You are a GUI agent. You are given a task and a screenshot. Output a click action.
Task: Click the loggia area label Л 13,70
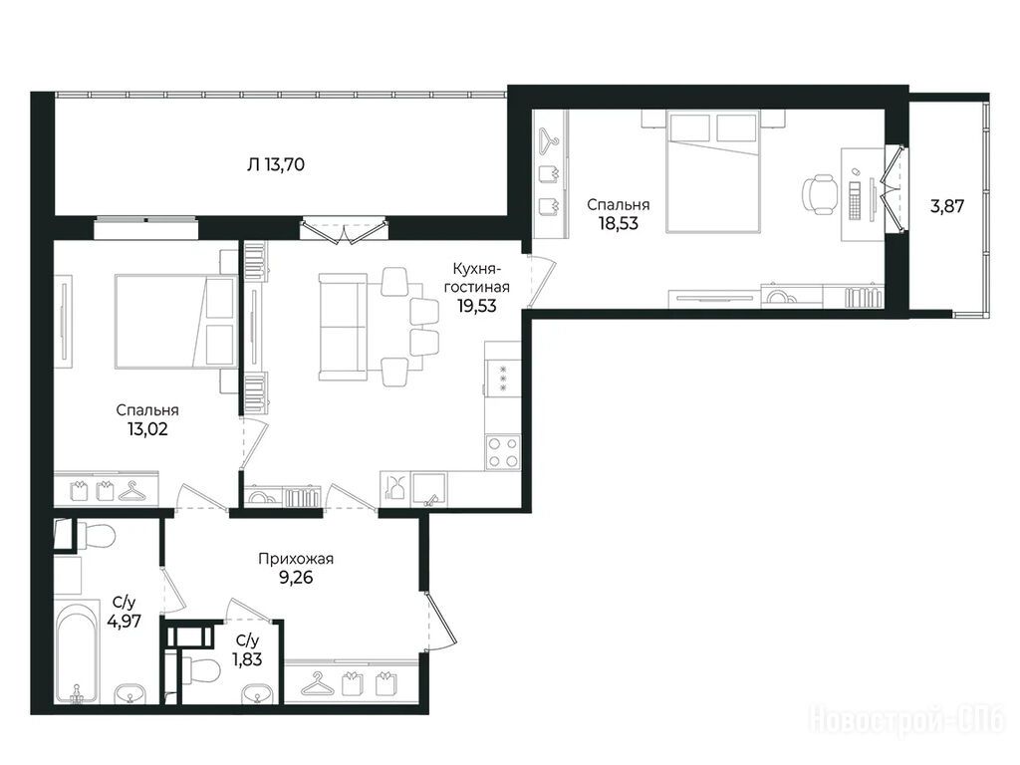pyautogui.click(x=276, y=164)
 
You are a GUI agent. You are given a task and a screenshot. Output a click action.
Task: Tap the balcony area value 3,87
pyautogui.click(x=946, y=207)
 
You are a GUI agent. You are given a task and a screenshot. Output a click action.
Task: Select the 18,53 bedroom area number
pyautogui.click(x=618, y=224)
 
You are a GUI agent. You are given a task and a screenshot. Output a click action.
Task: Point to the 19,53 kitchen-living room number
pyautogui.click(x=477, y=306)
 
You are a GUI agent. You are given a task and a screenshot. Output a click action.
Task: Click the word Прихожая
pyautogui.click(x=296, y=559)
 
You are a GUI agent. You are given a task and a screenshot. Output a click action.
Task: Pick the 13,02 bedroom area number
pyautogui.click(x=147, y=429)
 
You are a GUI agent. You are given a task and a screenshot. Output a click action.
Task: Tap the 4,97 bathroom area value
pyautogui.click(x=125, y=622)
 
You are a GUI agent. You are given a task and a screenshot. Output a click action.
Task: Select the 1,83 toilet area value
pyautogui.click(x=247, y=659)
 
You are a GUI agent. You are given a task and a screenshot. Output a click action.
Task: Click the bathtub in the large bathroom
pyautogui.click(x=77, y=653)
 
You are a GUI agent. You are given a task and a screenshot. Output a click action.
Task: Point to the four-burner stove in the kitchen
pyautogui.click(x=503, y=451)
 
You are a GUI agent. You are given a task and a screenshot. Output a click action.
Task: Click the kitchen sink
pyautogui.click(x=429, y=488)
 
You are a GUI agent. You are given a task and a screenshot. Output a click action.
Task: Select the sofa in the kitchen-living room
pyautogui.click(x=344, y=327)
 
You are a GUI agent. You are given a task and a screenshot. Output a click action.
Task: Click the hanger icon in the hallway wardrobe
pyautogui.click(x=316, y=683)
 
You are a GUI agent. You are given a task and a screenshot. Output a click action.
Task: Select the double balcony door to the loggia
pyautogui.click(x=344, y=232)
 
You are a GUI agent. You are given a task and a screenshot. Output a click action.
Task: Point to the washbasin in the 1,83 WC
pyautogui.click(x=258, y=693)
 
